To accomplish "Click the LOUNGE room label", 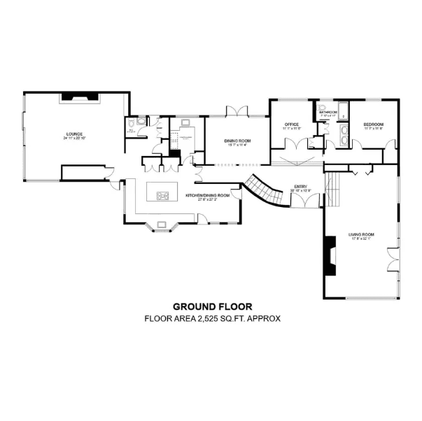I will coord(73,133).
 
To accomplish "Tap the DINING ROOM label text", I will coord(237,141).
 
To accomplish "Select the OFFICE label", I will coord(292,125).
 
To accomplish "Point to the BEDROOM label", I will coord(372,125).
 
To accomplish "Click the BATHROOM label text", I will coord(329,112).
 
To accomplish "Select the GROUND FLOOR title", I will coord(213,306).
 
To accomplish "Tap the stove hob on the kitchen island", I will coord(163,196).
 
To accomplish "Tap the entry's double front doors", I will coord(302,201).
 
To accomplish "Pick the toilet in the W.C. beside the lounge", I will coord(141,121).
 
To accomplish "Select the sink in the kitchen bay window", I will coord(162,224).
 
